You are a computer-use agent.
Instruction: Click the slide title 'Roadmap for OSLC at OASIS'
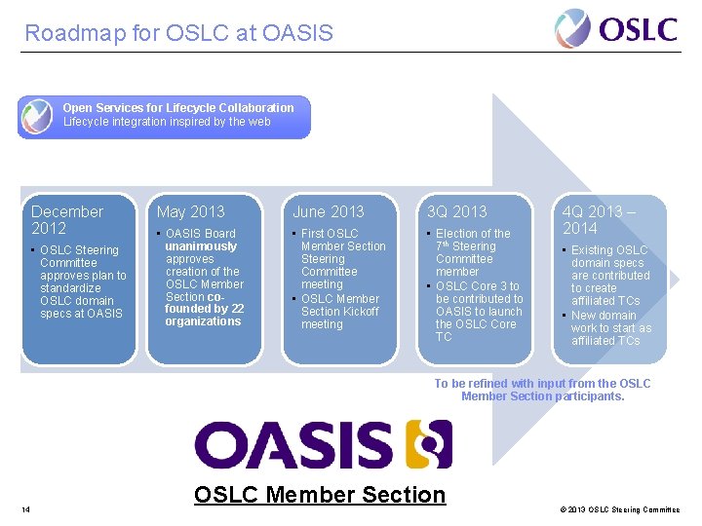[178, 33]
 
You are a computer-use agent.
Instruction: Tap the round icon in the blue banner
[37, 117]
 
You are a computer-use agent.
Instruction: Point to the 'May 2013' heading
[190, 211]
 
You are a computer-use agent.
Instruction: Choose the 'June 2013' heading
[329, 211]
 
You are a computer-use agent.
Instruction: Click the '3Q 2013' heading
[457, 211]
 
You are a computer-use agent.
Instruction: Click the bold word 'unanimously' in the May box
[201, 246]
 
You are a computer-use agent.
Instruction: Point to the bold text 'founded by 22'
[204, 309]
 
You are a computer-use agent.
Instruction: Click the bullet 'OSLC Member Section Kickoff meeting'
[340, 312]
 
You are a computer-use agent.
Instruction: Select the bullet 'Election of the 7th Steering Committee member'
[472, 252]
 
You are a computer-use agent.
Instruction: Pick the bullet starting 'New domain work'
[610, 328]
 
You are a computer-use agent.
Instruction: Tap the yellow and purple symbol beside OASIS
[429, 444]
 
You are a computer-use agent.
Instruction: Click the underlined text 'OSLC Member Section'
[320, 495]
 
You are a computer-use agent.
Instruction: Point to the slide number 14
[25, 509]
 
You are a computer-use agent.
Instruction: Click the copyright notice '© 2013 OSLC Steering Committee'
[621, 509]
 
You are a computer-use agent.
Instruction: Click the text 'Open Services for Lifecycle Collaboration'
[178, 108]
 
